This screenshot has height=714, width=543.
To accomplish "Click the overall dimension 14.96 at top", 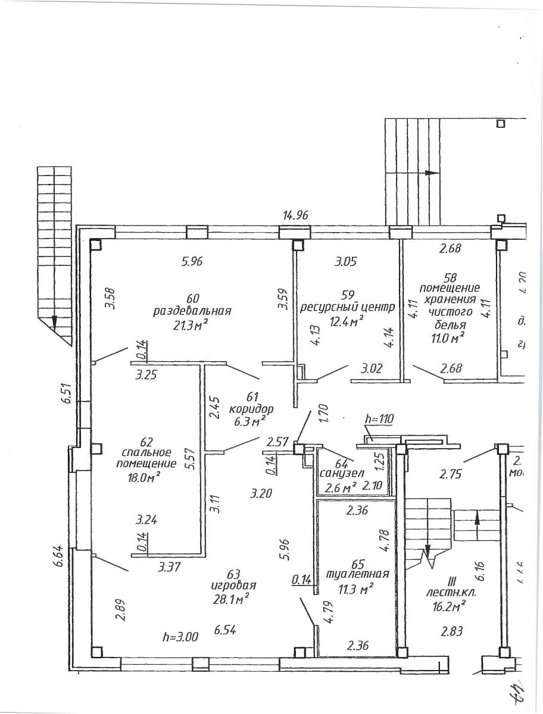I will [295, 215].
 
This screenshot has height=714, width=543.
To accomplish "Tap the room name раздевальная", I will [192, 311].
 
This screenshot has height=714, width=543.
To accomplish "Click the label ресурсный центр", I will [347, 307].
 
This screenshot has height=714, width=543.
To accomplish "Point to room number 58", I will [450, 277].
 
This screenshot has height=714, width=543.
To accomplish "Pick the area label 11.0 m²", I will [449, 338].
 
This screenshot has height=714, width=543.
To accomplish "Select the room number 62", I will [145, 441].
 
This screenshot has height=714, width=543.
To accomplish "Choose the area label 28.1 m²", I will [231, 597].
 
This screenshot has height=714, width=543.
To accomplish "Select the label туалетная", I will [358, 575].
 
